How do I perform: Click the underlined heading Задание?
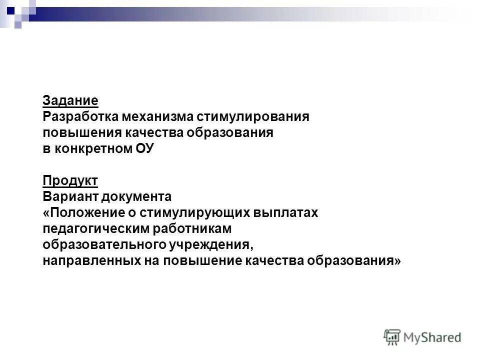(70, 100)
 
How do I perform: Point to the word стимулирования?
(253, 117)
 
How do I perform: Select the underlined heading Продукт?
(70, 180)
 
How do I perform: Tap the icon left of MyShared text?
(392, 337)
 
